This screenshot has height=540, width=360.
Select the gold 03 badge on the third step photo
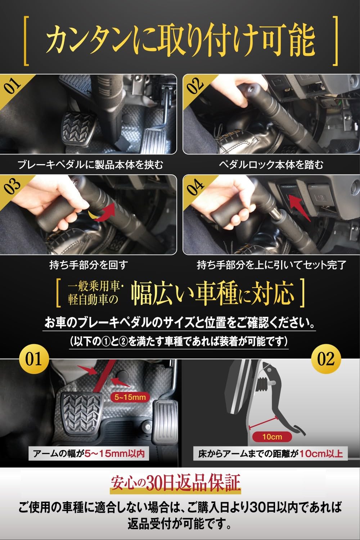pyautogui.click(x=13, y=187)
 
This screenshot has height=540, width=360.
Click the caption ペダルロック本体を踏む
pyautogui.click(x=271, y=165)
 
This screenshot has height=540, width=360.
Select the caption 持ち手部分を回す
pyautogui.click(x=89, y=266)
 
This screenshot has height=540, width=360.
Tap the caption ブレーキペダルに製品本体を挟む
pyautogui.click(x=90, y=165)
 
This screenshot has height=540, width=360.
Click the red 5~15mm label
pyautogui.click(x=130, y=397)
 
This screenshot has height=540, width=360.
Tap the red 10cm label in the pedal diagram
pyautogui.click(x=272, y=437)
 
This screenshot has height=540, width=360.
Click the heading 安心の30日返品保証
pyautogui.click(x=175, y=484)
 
